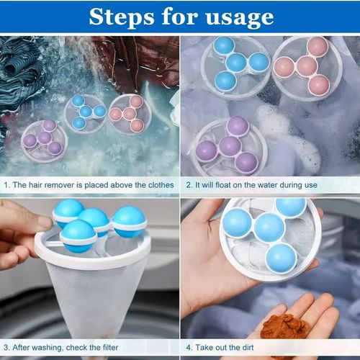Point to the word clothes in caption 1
[158, 185]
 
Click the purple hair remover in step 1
[42, 138]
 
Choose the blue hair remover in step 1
[85, 112]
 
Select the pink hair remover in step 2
[306, 66]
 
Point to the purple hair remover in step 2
[230, 147]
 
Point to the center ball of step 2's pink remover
[307, 66]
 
